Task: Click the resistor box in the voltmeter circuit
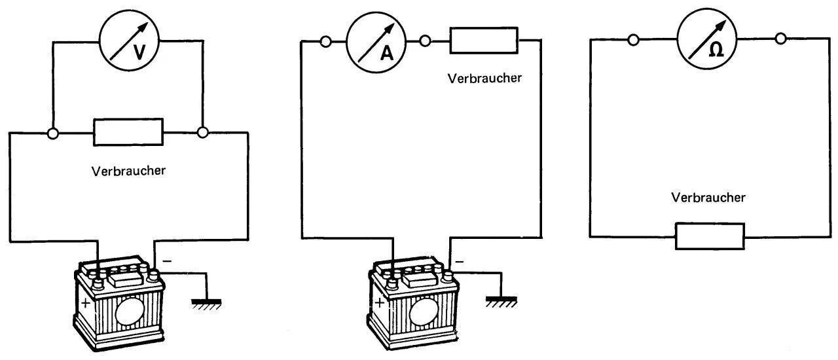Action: tap(128, 132)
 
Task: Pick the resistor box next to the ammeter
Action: tap(484, 41)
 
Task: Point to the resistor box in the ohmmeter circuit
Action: tap(710, 236)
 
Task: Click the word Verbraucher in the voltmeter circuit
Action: tap(128, 171)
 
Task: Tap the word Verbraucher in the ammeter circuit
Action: tap(484, 78)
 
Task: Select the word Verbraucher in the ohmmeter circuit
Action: tap(708, 197)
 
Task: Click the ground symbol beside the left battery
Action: tap(207, 302)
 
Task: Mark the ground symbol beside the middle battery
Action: tap(501, 301)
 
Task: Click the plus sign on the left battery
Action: tap(86, 304)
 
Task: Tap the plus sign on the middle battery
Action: tap(380, 303)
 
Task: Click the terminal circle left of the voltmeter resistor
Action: tap(54, 133)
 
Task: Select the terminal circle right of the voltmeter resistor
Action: tap(203, 133)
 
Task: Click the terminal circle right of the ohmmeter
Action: tap(780, 39)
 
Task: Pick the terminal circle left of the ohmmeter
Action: tap(633, 39)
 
